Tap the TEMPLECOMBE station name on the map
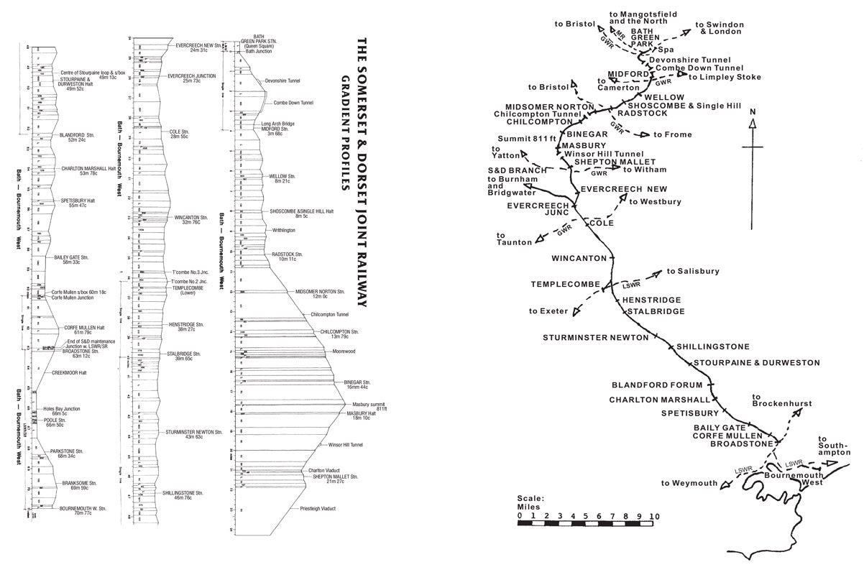(565, 284)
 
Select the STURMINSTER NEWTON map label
(592, 337)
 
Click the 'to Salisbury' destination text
(693, 271)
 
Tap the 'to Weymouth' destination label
(689, 483)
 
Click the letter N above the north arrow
(752, 112)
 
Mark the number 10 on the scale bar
(654, 515)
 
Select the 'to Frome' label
(672, 134)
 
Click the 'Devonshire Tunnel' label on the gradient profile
(282, 81)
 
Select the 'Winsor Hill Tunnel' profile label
(345, 445)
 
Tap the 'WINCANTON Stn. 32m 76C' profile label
(190, 219)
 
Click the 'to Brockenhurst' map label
(781, 400)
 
